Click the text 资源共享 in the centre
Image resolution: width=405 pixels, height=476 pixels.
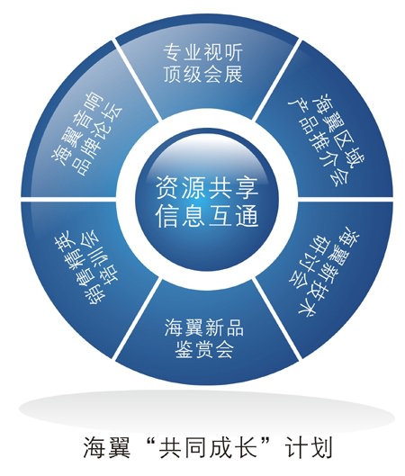pyautogui.click(x=207, y=189)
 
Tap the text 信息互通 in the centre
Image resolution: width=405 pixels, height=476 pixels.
pyautogui.click(x=207, y=216)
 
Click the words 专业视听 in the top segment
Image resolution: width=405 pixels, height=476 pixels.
pyautogui.click(x=202, y=52)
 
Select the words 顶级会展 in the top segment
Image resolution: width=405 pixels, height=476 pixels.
pyautogui.click(x=202, y=74)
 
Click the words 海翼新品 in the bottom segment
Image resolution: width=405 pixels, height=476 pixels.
pyautogui.click(x=204, y=328)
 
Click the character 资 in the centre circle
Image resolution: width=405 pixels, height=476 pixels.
pyautogui.click(x=167, y=189)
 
